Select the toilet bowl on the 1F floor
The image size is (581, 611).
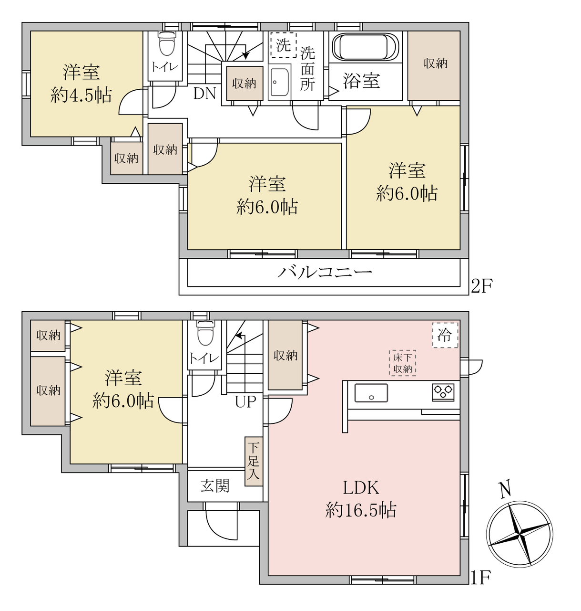[205, 333]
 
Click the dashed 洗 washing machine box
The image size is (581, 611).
[284, 45]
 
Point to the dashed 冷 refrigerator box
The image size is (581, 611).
[445, 336]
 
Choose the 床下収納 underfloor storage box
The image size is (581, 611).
[403, 363]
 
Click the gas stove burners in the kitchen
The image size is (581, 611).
[443, 392]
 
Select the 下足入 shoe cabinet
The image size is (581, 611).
[254, 461]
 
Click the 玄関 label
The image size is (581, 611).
[215, 486]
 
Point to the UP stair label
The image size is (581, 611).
[245, 402]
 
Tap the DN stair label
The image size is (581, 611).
[204, 93]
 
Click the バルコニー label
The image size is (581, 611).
[324, 273]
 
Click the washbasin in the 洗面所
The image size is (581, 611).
[279, 83]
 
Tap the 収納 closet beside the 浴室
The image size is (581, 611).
[434, 65]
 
